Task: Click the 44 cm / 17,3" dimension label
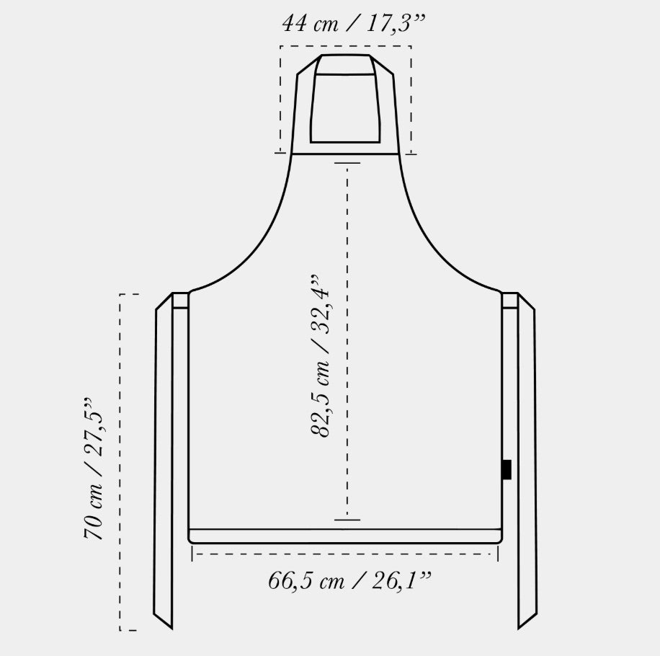[354, 23]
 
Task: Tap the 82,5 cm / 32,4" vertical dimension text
[321, 356]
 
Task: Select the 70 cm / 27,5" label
[93, 469]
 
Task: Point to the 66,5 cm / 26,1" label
[349, 580]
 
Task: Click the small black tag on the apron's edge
[507, 469]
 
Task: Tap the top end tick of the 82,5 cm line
[347, 162]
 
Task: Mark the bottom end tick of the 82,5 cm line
[347, 520]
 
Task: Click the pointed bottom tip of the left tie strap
[172, 629]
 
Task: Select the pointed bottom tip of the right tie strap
[519, 628]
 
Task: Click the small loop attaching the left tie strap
[180, 301]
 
